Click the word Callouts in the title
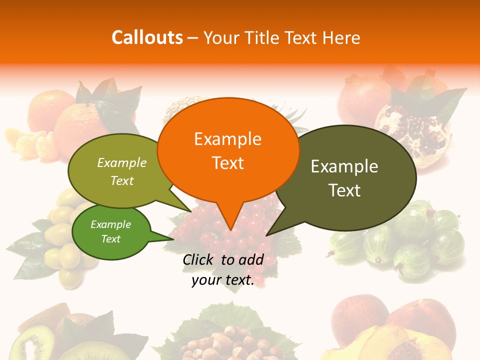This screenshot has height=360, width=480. click(x=147, y=37)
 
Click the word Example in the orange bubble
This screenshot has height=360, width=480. click(x=227, y=138)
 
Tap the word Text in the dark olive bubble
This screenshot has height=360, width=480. click(x=344, y=190)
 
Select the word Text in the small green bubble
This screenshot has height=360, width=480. click(x=111, y=239)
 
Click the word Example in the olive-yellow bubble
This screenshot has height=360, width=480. click(x=122, y=163)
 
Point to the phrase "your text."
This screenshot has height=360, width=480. click(x=223, y=280)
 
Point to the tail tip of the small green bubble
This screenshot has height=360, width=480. click(x=172, y=238)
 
